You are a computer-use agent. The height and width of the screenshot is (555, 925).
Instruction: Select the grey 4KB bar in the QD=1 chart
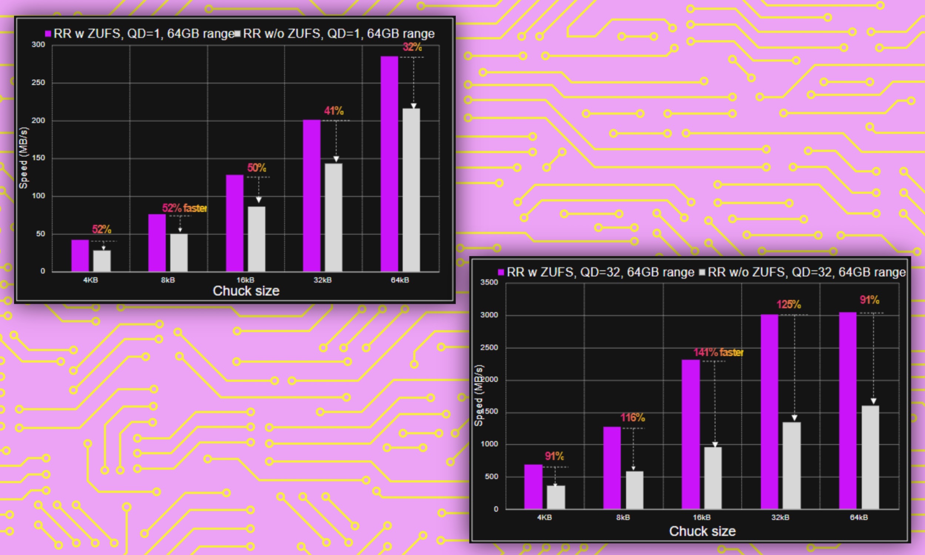coord(102,261)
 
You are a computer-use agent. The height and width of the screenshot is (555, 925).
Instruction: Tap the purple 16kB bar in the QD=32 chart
coord(690,434)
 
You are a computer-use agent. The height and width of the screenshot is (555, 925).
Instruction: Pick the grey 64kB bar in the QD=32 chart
coord(870,457)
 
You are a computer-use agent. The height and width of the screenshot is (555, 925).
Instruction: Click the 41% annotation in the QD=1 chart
coord(333,111)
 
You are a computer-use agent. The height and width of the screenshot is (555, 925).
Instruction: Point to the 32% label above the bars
coord(412,47)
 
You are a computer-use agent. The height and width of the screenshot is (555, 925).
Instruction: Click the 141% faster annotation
coord(718,352)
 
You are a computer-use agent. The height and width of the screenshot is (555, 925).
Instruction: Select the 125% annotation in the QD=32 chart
coord(788,305)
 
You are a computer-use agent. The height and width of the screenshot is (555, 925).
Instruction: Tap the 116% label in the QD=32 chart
coord(632,417)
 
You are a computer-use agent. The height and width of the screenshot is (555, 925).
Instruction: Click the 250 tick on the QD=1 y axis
coord(38,82)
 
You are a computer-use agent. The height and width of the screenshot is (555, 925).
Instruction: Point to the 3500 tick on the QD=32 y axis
coord(489,282)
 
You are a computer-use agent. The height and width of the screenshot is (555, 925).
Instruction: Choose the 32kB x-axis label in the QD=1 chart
coord(322,280)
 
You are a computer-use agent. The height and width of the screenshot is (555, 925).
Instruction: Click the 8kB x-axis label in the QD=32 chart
coord(623,517)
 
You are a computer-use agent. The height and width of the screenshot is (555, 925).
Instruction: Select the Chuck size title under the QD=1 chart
coord(246,291)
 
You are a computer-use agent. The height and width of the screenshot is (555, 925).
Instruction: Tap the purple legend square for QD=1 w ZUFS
coord(48,34)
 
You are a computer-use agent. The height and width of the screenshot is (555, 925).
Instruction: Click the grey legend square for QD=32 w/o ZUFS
coord(702,272)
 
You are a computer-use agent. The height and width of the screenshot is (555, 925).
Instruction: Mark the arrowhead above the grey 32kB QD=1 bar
coord(336,159)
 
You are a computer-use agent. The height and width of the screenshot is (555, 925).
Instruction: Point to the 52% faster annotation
coord(184,208)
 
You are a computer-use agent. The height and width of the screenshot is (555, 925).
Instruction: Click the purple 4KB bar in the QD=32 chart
coord(533,487)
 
